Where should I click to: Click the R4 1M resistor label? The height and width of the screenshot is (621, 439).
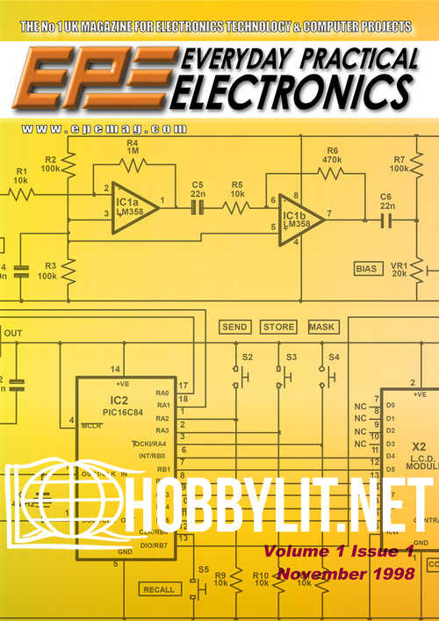133,146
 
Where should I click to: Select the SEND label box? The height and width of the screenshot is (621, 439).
234,327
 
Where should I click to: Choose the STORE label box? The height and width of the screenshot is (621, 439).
278,327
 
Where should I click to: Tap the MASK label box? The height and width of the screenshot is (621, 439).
323,327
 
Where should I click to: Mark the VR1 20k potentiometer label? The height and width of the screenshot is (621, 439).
399,268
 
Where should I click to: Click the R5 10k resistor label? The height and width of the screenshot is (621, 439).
238,189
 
